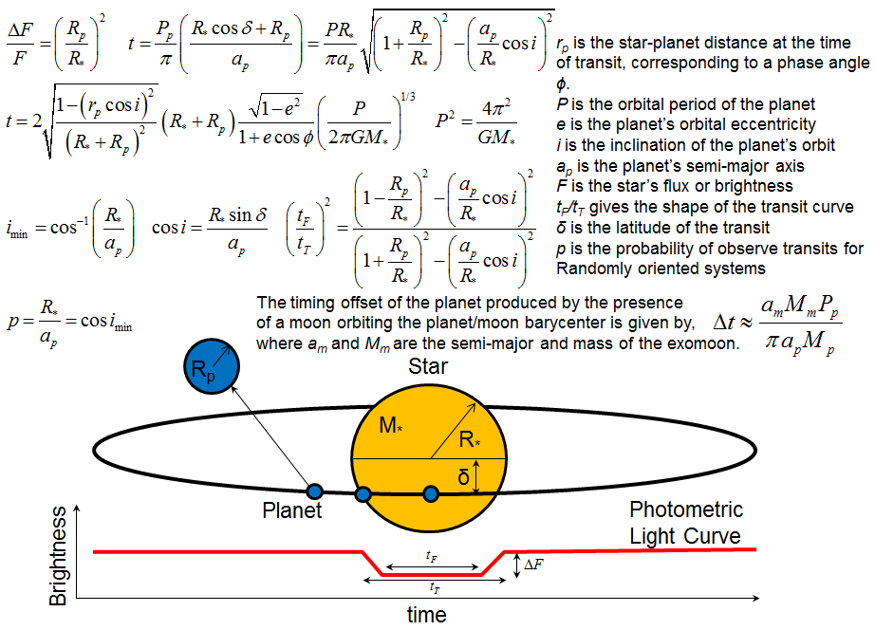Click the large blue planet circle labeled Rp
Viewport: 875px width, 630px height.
[212, 366]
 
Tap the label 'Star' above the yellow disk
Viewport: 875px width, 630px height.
[427, 366]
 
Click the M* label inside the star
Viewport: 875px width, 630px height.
[391, 425]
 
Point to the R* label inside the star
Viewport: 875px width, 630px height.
[470, 439]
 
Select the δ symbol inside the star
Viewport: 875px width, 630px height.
[463, 477]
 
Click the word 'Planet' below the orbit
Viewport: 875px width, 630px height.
[292, 510]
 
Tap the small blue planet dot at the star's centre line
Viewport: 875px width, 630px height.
[431, 493]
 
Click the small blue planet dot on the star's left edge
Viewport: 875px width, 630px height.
[363, 493]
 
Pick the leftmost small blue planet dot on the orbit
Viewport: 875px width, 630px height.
[315, 491]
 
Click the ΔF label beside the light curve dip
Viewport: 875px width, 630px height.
[534, 565]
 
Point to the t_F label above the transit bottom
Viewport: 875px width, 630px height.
[432, 556]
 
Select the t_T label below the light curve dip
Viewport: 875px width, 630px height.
[435, 587]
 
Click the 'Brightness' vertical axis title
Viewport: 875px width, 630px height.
[58, 556]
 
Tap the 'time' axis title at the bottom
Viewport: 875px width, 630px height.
[427, 615]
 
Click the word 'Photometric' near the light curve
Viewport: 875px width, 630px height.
[686, 510]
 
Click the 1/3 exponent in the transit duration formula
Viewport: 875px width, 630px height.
[408, 97]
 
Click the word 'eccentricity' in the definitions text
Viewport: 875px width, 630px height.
[775, 124]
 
